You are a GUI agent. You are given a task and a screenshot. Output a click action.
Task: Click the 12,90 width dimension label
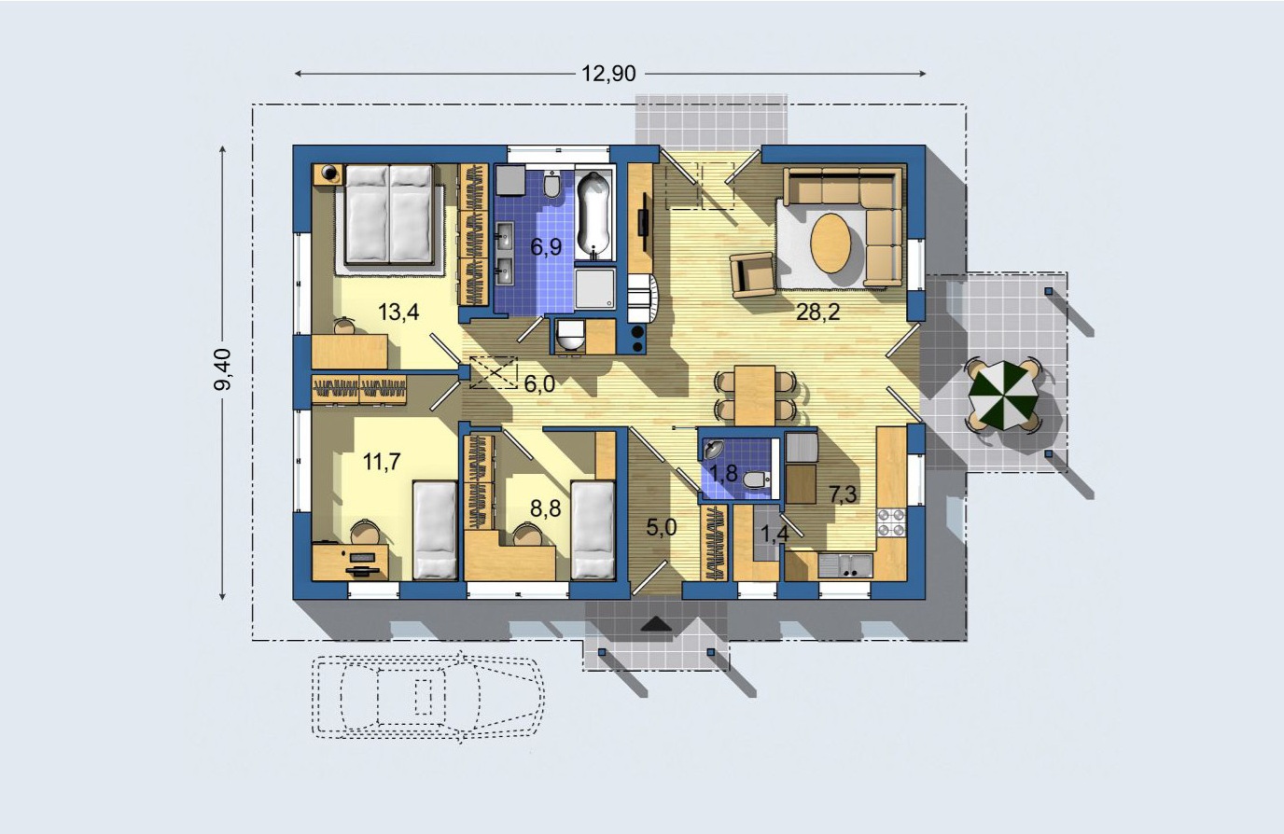pos(608,74)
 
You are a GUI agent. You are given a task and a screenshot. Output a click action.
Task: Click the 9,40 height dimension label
pos(222,369)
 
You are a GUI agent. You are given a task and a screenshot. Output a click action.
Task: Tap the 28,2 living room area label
pos(818,312)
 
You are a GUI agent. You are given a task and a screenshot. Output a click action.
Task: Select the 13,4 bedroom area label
pos(398,313)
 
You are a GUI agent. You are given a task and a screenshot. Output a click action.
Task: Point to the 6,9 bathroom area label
pos(546,247)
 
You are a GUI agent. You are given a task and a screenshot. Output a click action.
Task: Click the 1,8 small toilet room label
pos(723,474)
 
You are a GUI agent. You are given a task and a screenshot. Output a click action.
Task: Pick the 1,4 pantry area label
pos(775,534)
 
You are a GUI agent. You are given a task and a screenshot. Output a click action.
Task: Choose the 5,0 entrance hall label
pos(662,527)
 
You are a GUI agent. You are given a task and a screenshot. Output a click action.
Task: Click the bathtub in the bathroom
pos(593,215)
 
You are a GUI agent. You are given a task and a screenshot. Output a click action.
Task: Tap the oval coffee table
pos(830,243)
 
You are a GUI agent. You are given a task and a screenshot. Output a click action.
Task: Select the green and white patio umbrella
pos(1002,395)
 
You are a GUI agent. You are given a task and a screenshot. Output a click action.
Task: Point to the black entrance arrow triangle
pos(656,624)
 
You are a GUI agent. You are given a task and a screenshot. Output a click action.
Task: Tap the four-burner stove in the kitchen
pos(891,522)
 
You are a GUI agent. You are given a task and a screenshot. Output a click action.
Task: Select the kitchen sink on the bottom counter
pos(845,565)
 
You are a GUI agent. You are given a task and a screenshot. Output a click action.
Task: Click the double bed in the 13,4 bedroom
pos(389,214)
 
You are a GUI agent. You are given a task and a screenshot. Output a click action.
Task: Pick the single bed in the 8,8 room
pos(593,530)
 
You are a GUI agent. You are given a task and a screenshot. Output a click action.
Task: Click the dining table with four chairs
pos(755,396)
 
